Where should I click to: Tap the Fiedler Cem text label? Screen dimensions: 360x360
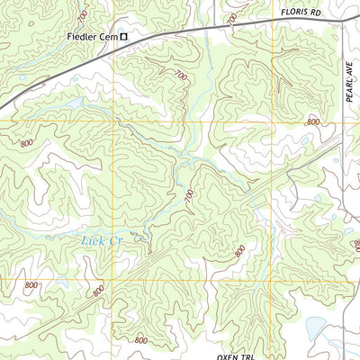click(93, 37)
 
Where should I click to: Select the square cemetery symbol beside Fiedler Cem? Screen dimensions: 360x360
click(124, 37)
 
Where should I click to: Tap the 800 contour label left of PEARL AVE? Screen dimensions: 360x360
click(313, 121)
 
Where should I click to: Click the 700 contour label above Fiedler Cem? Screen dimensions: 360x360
click(83, 16)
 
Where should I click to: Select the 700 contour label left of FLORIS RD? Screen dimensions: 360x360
click(233, 18)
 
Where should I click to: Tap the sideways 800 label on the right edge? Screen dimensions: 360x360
click(355, 246)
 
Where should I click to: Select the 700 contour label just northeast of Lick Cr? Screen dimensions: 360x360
click(189, 196)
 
